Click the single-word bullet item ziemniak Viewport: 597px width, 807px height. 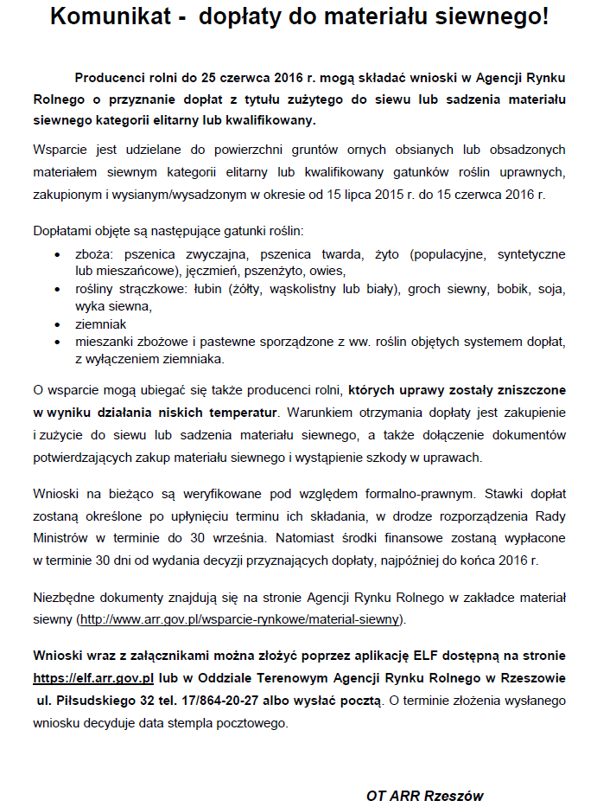[x=101, y=323]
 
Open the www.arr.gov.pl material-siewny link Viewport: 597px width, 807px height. [x=240, y=619]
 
